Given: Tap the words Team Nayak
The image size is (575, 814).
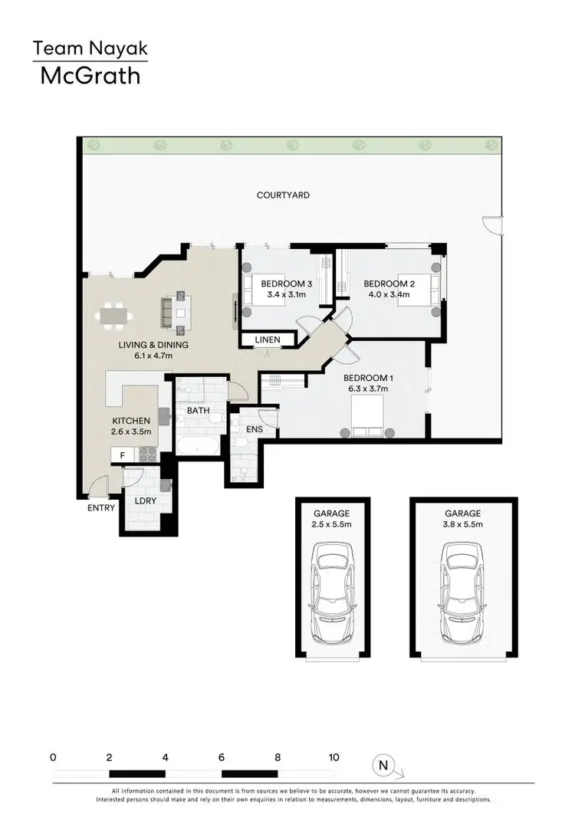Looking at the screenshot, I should coord(90,50).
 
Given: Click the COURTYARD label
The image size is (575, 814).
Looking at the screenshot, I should coord(283,195).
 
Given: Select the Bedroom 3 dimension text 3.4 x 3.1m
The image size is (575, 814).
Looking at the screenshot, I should coord(287,294).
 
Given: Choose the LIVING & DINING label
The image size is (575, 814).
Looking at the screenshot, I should coord(153,345).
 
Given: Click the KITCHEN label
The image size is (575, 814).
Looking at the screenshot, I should coord(131,421).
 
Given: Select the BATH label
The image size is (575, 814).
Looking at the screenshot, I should coord(198,412).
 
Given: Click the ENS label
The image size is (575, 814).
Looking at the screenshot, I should coord(255,430).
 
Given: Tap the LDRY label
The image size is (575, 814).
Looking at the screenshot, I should coord(145,501).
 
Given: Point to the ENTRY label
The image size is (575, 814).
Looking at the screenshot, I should coord(101,507).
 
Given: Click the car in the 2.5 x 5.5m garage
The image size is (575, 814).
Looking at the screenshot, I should coord(332,589).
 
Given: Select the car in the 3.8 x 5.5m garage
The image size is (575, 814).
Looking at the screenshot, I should coord(462,589).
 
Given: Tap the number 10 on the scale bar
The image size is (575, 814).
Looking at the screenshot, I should coord(333,757).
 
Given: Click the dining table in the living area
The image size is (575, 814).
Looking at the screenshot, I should coord(115,315).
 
